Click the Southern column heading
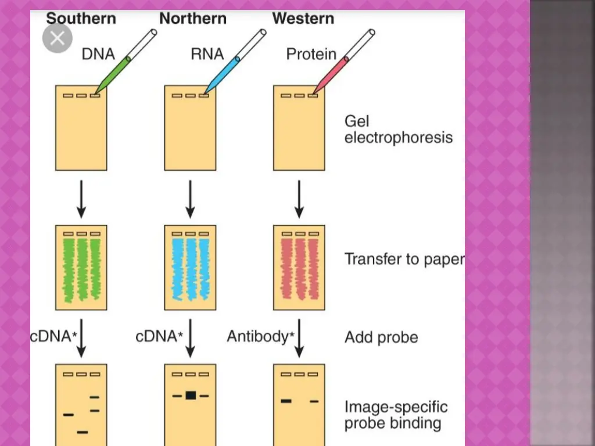point(81,19)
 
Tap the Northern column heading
point(193,19)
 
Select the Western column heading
point(303,19)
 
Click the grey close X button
point(58,38)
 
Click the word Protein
point(311,54)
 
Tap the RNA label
point(207,54)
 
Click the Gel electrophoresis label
point(398,130)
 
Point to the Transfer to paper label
point(404,258)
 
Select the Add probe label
point(381,337)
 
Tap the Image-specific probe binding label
point(396,415)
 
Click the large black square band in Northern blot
point(191,395)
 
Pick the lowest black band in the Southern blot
point(83,432)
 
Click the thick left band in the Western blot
point(285,401)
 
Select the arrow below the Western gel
point(299,199)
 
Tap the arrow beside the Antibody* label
point(299,338)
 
